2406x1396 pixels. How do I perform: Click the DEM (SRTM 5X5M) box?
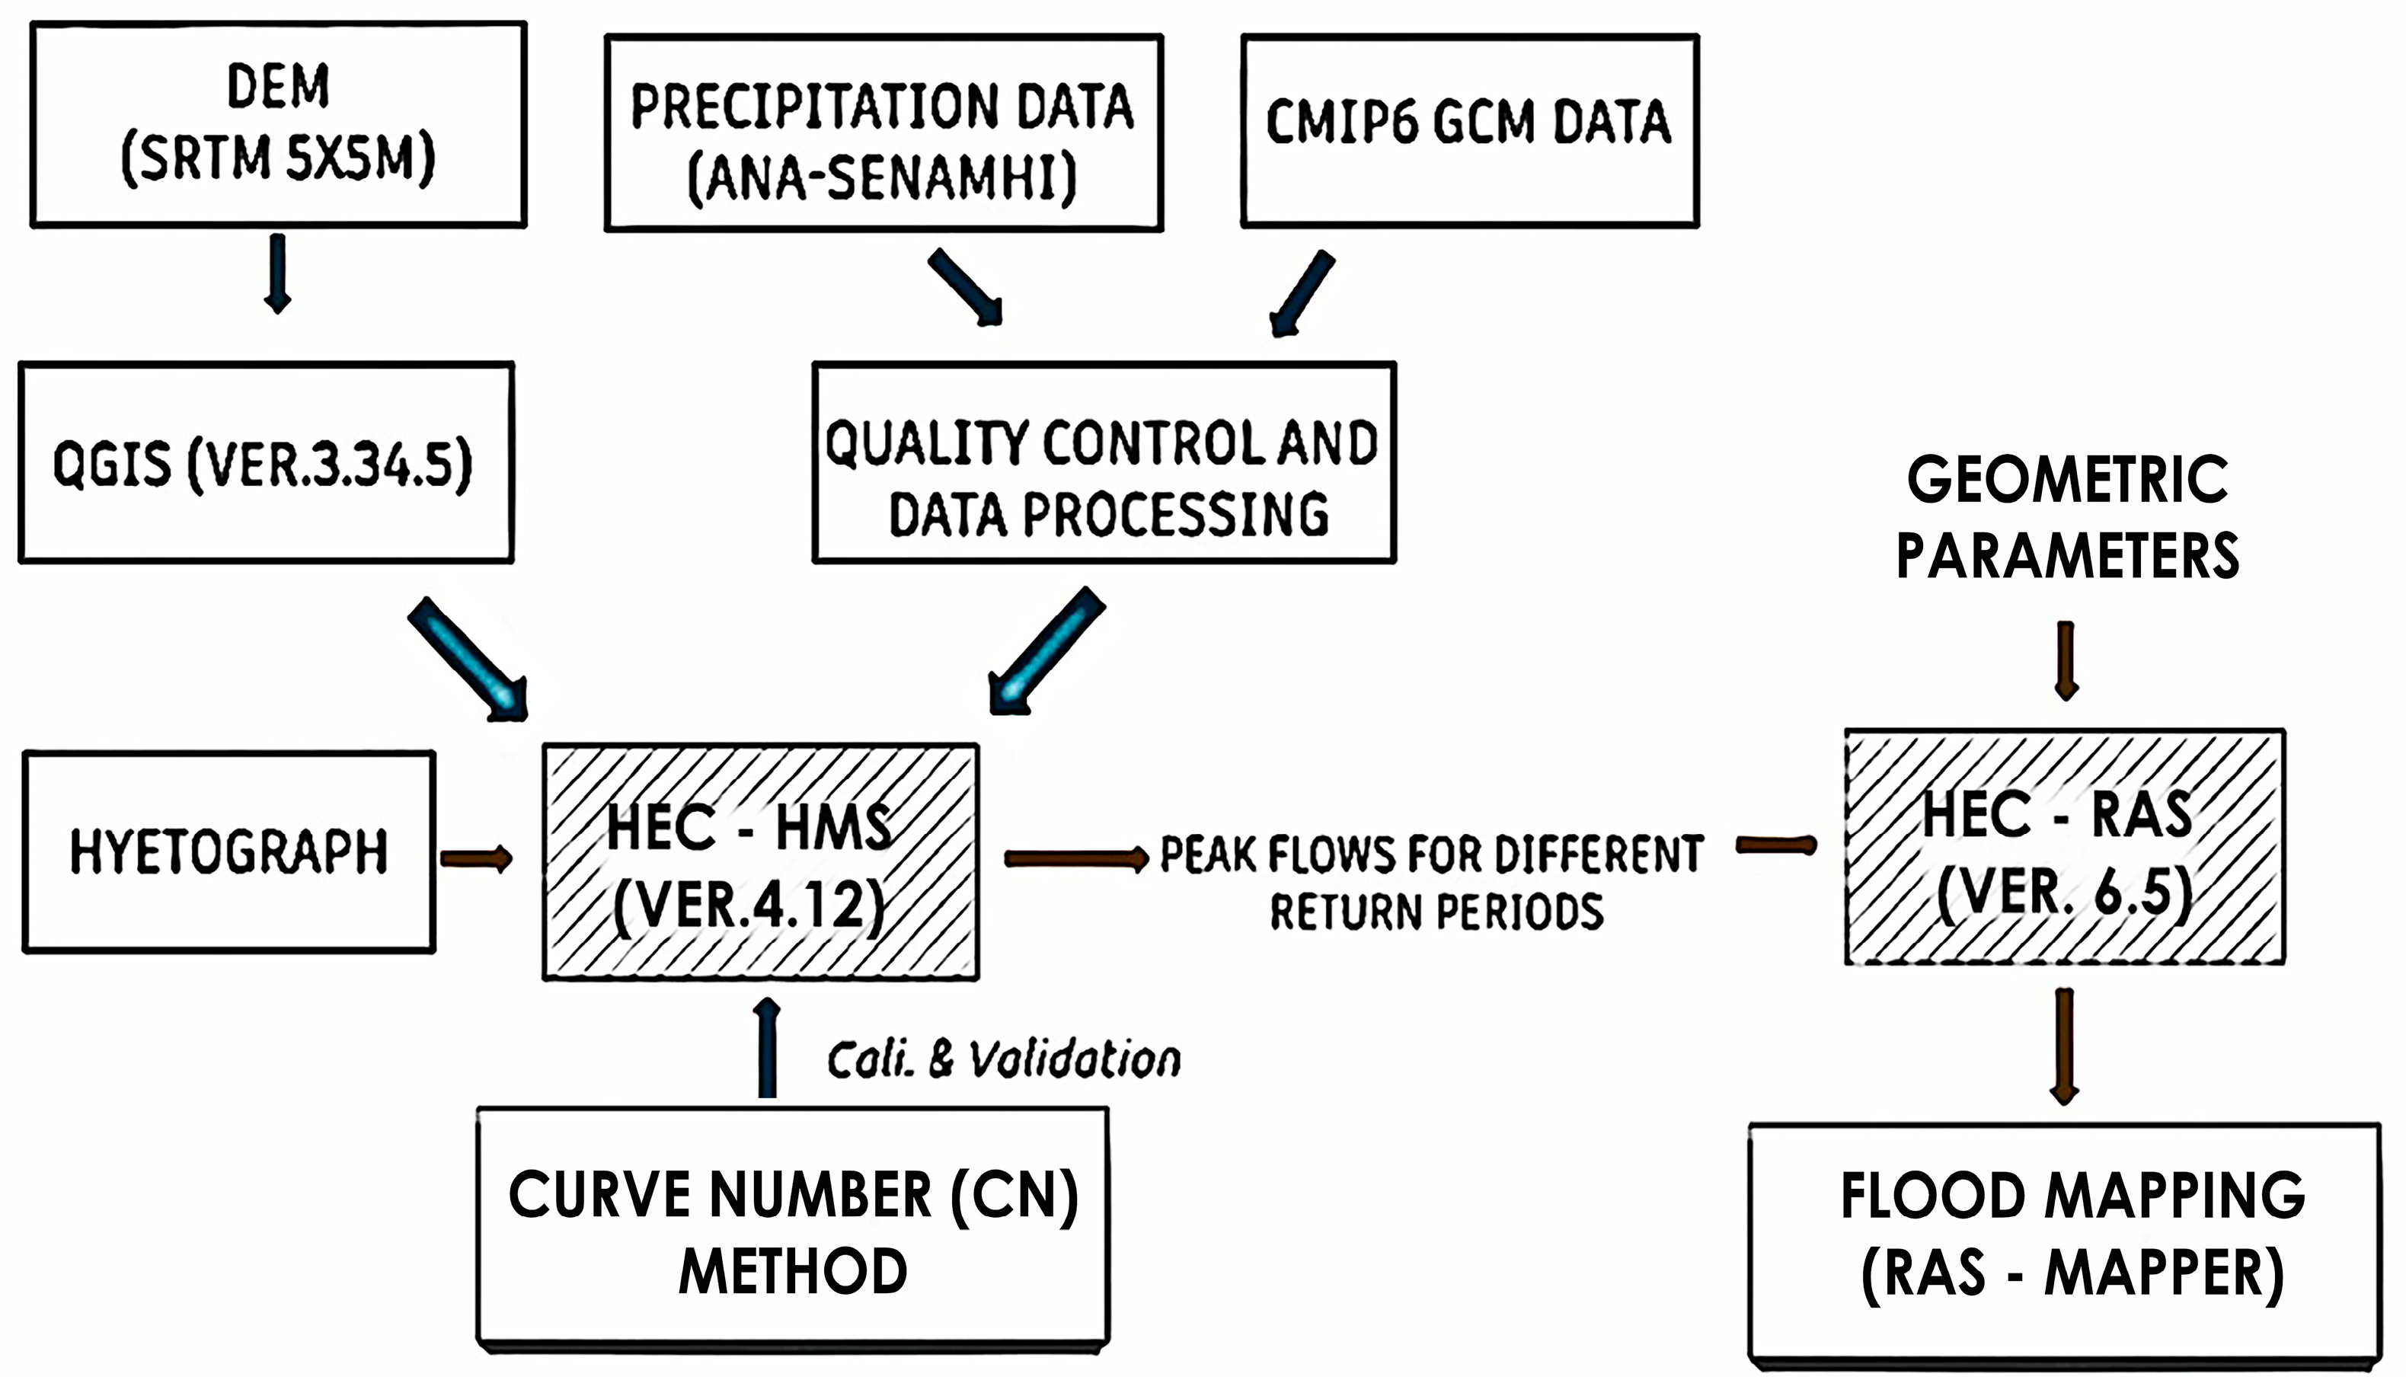pos(278,124)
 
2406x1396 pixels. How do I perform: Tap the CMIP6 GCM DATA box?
pos(1469,130)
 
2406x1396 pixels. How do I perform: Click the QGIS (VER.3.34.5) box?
pos(265,462)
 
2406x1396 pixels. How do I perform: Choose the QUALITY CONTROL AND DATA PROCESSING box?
pos(1104,462)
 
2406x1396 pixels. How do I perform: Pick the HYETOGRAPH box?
pos(229,851)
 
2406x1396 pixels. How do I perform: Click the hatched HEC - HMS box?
pos(760,862)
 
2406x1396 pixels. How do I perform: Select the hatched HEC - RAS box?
pos(2064,848)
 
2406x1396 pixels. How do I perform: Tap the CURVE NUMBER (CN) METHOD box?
pos(792,1230)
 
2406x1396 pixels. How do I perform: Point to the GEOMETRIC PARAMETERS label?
pos(2067,518)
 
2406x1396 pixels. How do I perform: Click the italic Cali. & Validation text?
pos(1002,1060)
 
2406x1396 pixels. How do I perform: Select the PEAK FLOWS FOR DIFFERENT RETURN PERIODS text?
pos(1432,882)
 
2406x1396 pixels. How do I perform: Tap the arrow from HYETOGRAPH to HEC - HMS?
pos(475,858)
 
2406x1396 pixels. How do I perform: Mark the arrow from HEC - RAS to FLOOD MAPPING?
pos(2064,1046)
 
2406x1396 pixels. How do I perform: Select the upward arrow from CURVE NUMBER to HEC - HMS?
pos(767,1049)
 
